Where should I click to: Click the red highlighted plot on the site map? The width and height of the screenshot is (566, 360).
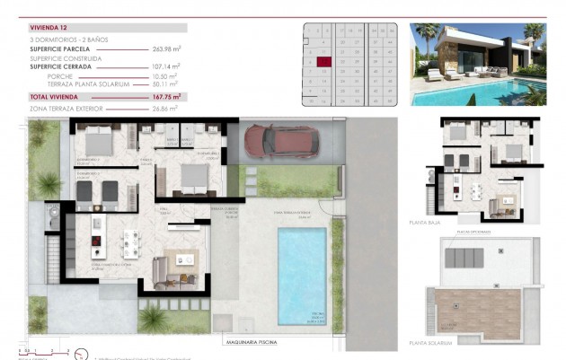pos(324,61)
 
